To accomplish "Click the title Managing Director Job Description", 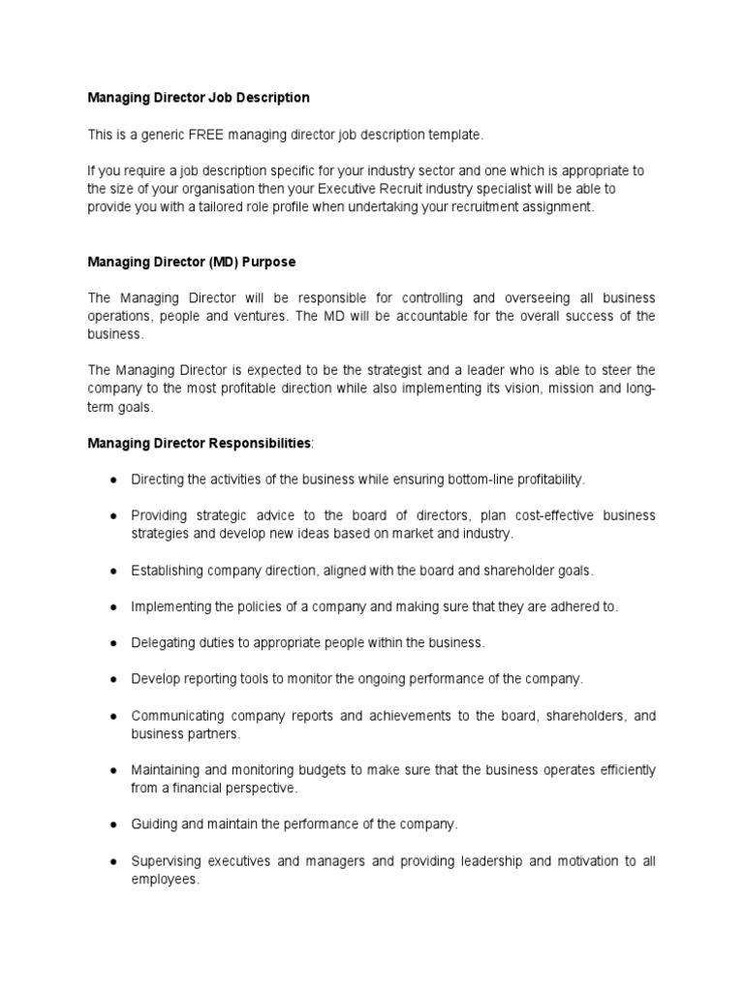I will coord(199,97).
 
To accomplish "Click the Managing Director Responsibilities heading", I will coord(200,443).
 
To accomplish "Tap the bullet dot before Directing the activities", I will coord(113,480).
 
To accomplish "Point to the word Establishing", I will coord(167,571).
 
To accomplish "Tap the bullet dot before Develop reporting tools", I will coord(113,679).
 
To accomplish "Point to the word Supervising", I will coord(169,861).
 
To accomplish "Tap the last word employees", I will coord(164,880).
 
